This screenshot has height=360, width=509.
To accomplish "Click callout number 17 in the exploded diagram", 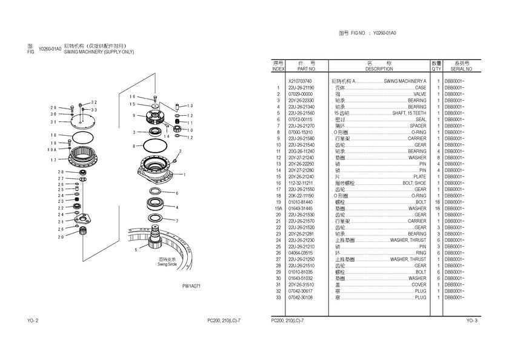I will pyautogui.click(x=53, y=160).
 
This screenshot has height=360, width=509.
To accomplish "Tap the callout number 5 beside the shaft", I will pyautogui.click(x=135, y=249).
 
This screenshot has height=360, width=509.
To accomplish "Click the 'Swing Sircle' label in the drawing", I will pyautogui.click(x=166, y=264).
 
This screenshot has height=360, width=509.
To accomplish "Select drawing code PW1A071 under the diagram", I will pyautogui.click(x=191, y=285).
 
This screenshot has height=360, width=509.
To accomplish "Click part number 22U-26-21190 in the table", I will pyautogui.click(x=301, y=87).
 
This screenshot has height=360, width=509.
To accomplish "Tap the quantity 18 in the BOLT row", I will pyautogui.click(x=436, y=202).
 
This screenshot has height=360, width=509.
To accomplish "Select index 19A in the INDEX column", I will pyautogui.click(x=278, y=208).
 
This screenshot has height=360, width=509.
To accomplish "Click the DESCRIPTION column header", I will pyautogui.click(x=379, y=69).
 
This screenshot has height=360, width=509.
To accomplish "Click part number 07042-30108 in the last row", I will pyautogui.click(x=301, y=298).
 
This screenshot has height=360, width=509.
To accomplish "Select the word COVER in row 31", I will pyautogui.click(x=419, y=285).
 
